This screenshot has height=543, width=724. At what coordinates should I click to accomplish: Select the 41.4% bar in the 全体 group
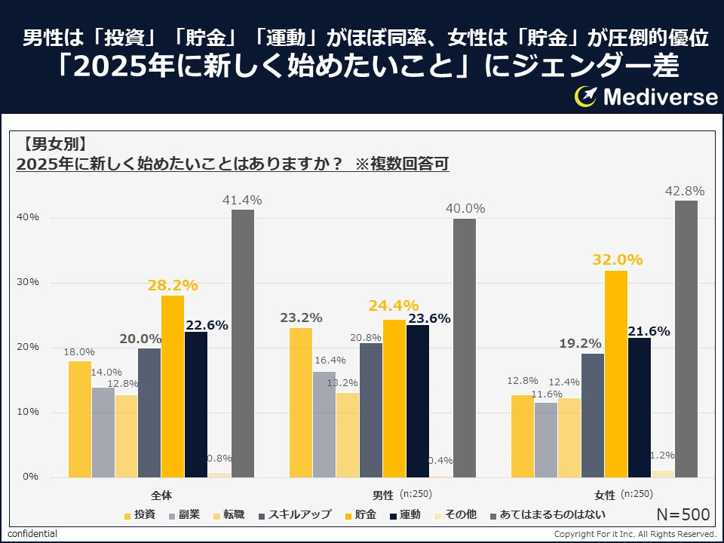coord(242,343)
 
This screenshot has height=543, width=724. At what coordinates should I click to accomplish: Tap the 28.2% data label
coord(173,285)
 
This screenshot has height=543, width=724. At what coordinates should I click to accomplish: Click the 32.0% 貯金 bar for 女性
coord(616,373)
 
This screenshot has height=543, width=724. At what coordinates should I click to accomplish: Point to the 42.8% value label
coord(686,191)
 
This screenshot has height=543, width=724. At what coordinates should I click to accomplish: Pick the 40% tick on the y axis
coord(29,217)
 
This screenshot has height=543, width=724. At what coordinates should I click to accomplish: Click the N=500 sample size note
coord(683,514)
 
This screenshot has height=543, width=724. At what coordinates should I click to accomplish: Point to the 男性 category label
coord(383,495)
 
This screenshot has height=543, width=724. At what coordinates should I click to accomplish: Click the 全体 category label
coord(161,495)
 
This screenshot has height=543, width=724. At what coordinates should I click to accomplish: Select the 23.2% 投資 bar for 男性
coord(301,402)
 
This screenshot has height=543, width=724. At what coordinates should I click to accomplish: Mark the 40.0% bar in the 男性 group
coord(464,348)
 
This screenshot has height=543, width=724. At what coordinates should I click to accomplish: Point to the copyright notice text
coord(635,534)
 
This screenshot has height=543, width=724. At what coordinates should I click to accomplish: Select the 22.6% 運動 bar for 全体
coord(196,404)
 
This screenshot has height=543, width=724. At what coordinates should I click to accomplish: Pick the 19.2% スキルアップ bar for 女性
coord(593,415)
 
